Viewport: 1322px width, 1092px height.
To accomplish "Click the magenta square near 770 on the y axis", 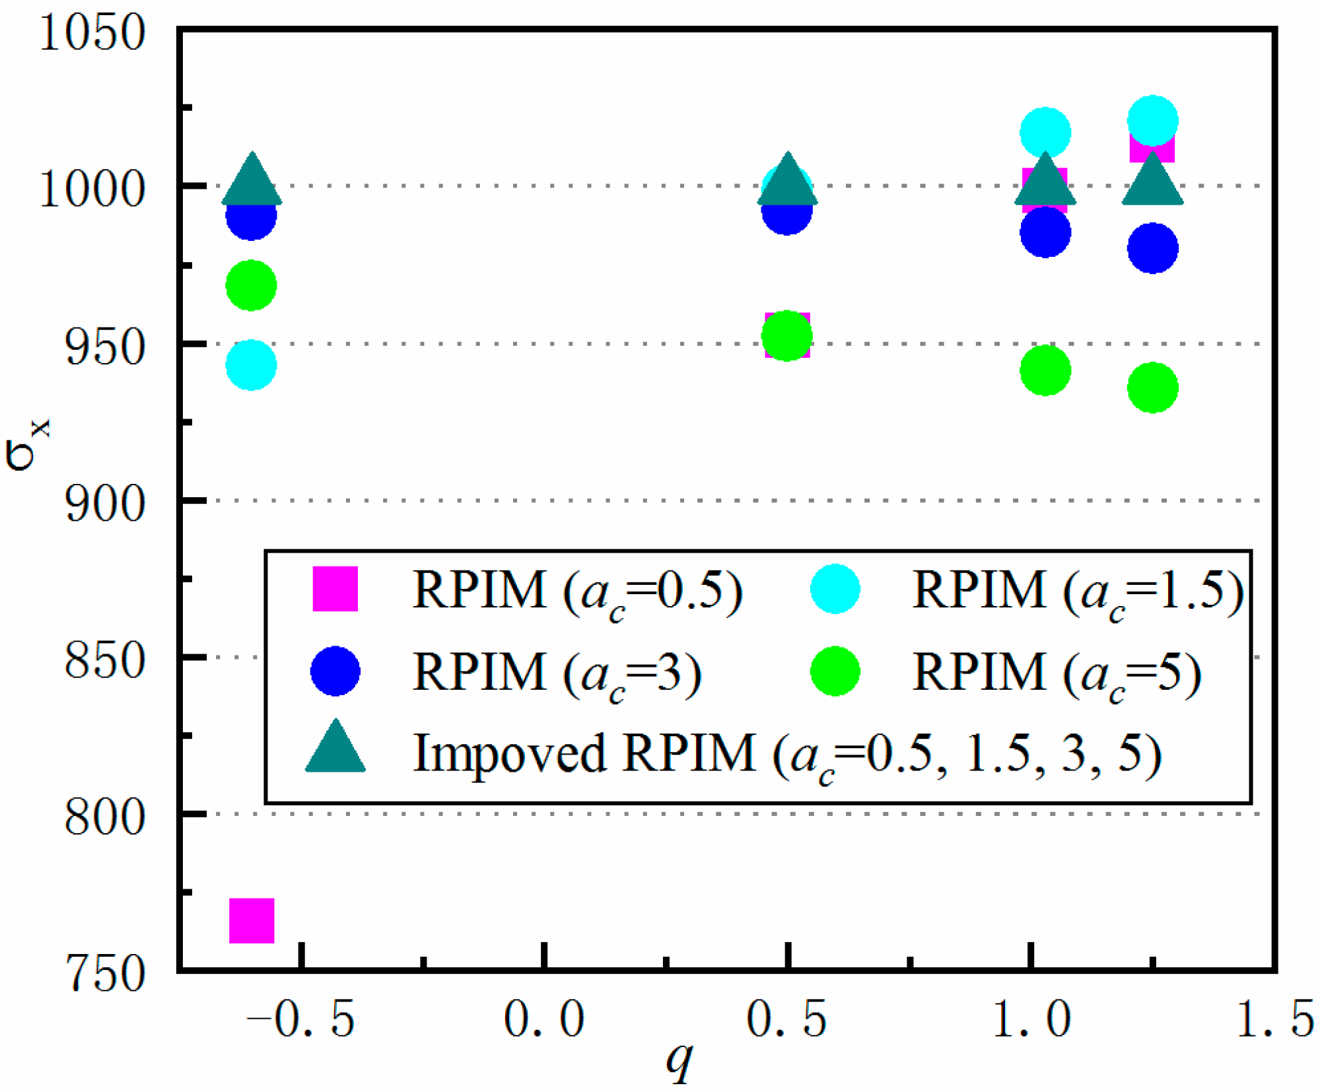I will pyautogui.click(x=252, y=920).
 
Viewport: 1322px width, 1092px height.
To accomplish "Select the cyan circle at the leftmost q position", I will pyautogui.click(x=251, y=365).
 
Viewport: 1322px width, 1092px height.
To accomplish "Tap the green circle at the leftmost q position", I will pyautogui.click(x=251, y=285).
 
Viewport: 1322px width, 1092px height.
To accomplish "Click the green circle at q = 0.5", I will pyautogui.click(x=787, y=336).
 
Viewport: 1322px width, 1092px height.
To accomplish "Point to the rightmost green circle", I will pyautogui.click(x=1153, y=388).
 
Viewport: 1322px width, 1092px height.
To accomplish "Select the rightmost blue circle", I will pyautogui.click(x=1153, y=248).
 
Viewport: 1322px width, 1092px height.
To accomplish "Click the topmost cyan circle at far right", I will pyautogui.click(x=1153, y=120).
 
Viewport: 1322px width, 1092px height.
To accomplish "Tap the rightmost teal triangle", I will pyautogui.click(x=1153, y=182).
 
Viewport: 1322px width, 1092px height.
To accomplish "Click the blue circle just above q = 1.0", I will pyautogui.click(x=1045, y=232).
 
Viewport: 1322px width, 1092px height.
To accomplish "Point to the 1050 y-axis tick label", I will pyautogui.click(x=92, y=33).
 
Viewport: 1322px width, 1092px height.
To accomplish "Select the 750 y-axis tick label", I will pyautogui.click(x=105, y=974).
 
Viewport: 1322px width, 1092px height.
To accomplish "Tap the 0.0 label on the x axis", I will pyautogui.click(x=544, y=1019).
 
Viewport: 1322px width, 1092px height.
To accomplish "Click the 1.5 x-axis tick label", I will pyautogui.click(x=1275, y=1019).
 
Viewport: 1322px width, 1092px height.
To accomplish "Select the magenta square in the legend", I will pyautogui.click(x=335, y=588).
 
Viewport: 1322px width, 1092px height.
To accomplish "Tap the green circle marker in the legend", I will pyautogui.click(x=835, y=671).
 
